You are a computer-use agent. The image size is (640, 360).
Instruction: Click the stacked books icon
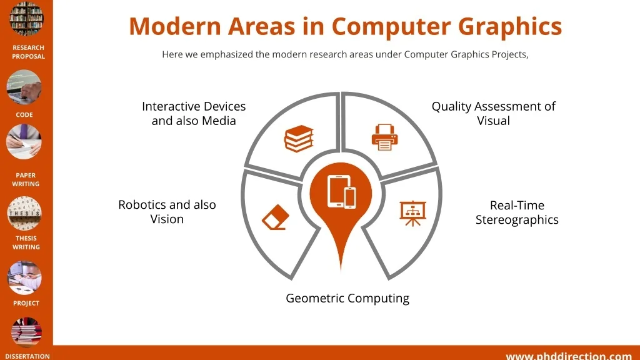[x=299, y=139]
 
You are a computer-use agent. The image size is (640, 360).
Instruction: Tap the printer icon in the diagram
[x=384, y=137]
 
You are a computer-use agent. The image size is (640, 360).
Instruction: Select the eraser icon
[x=276, y=217]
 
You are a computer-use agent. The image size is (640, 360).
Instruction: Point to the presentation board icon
[x=412, y=213]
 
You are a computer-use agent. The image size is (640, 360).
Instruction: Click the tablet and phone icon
[x=341, y=192]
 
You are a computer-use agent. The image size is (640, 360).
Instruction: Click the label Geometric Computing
[x=347, y=298]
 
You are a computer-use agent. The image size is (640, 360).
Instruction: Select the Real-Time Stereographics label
[x=517, y=212]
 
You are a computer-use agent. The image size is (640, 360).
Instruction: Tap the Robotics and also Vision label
[x=167, y=212]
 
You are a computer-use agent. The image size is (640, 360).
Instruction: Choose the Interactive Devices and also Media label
[x=194, y=114]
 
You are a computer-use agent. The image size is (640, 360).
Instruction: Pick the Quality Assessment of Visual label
[x=494, y=114]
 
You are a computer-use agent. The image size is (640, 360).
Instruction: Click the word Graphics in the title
[x=510, y=26]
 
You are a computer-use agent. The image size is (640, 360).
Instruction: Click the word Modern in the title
[x=175, y=26]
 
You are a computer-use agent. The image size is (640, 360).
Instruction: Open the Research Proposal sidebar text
[x=28, y=52]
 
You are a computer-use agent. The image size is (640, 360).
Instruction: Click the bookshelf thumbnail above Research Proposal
[x=26, y=19]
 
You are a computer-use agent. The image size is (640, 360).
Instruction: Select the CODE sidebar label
[x=24, y=115]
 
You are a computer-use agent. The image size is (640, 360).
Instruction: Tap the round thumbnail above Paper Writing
[x=24, y=142]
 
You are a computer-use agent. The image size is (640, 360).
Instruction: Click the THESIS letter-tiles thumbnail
[x=24, y=214]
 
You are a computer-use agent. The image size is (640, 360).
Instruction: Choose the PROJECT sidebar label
[x=26, y=303]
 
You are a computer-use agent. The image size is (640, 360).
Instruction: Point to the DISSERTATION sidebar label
[x=27, y=356]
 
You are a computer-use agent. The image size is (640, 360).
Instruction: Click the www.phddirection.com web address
[x=569, y=356]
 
